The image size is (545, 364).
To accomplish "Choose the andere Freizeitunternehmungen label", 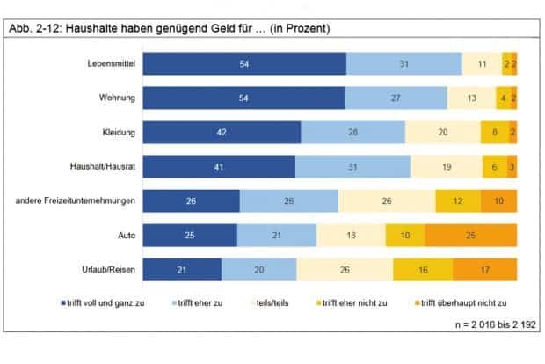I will tap(76, 201).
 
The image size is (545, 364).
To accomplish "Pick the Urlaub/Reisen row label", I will tap(107, 270).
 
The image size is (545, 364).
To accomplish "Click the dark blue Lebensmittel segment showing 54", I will tap(244, 64).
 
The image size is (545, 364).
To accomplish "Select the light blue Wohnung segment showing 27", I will tap(396, 98).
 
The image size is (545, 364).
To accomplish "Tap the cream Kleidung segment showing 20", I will tap(443, 133).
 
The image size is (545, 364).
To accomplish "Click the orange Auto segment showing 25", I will tap(470, 236).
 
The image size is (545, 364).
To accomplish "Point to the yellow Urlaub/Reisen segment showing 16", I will tap(422, 270).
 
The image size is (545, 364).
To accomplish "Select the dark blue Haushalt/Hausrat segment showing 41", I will tap(219, 167).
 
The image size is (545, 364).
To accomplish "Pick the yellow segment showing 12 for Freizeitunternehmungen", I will tap(457, 201).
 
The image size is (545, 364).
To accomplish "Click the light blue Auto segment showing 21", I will tap(277, 236).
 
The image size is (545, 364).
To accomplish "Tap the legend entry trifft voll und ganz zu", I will tap(102, 303).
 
